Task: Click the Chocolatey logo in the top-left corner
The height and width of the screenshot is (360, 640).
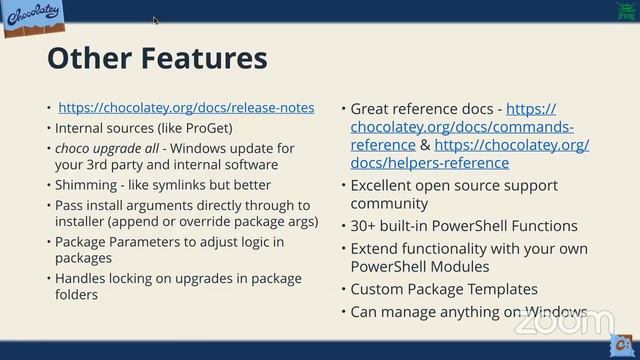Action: tap(31, 17)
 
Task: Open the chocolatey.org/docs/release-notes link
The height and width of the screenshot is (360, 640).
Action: tap(186, 107)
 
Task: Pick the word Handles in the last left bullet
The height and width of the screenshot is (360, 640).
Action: tap(83, 278)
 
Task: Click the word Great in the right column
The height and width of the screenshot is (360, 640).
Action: tap(373, 108)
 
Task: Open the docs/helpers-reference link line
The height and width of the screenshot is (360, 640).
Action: tap(430, 162)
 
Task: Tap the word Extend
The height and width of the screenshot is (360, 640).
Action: tap(375, 248)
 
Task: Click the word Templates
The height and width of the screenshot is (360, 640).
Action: tap(502, 289)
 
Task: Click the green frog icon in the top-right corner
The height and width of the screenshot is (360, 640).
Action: tap(626, 9)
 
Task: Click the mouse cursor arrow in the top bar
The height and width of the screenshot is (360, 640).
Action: tap(155, 19)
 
